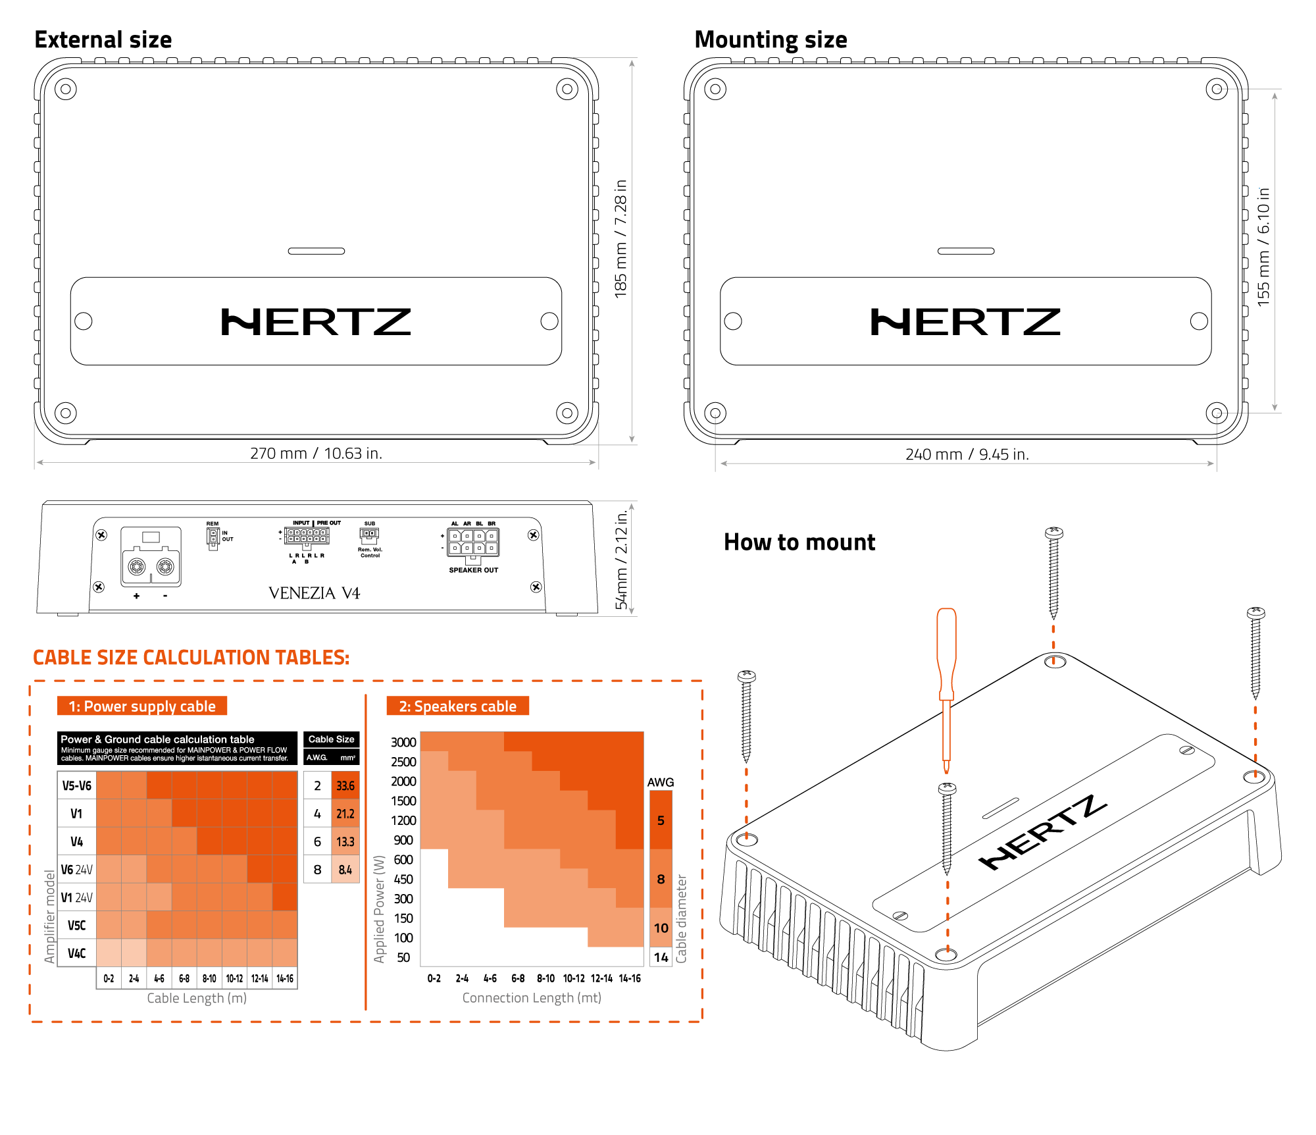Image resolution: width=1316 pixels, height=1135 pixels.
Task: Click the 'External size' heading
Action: click(x=103, y=40)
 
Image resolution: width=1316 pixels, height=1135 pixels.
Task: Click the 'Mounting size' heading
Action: click(x=771, y=40)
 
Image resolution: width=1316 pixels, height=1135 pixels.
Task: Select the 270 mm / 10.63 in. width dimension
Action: click(x=316, y=454)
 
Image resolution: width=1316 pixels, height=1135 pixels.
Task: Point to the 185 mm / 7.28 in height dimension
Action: click(x=620, y=238)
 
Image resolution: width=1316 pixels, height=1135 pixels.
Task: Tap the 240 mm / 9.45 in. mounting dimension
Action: click(x=967, y=454)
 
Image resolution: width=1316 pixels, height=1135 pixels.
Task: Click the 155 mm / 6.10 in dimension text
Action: click(x=1263, y=247)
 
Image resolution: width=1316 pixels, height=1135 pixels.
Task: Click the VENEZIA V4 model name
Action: click(x=315, y=593)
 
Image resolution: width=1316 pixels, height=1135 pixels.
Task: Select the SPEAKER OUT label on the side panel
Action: click(x=473, y=570)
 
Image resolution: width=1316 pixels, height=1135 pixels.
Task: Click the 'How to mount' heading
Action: click(x=799, y=542)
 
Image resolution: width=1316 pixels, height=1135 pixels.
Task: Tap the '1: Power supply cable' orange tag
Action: click(x=142, y=706)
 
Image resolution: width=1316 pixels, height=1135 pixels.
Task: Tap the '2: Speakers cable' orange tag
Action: click(x=458, y=706)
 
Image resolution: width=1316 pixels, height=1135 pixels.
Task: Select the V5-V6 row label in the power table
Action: click(x=77, y=785)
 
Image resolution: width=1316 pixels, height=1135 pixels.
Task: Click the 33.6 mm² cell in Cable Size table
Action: click(x=345, y=785)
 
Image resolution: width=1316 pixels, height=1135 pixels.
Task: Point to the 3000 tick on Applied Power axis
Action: click(x=403, y=742)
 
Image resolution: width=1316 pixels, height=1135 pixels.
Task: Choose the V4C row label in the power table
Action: click(x=77, y=953)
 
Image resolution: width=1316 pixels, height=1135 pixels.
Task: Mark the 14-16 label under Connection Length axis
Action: click(x=630, y=978)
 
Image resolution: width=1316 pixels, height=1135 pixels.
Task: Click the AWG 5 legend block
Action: click(x=661, y=820)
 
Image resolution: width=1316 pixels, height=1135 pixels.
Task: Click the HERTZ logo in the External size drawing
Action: click(x=316, y=322)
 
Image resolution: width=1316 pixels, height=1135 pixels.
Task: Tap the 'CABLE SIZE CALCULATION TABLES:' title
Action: click(x=191, y=657)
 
